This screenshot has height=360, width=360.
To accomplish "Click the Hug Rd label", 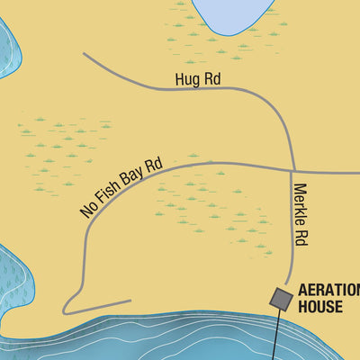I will coord(198,80).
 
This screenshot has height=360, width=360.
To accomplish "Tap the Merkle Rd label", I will coord(301,215).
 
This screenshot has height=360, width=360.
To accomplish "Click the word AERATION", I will coord(329,290).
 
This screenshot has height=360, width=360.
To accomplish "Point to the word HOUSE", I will coord(320,307).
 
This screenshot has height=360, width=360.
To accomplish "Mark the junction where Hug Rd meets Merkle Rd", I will coord(293,168).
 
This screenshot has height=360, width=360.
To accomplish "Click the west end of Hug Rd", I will coord(85,54).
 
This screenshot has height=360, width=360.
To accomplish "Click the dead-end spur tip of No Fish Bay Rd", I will coord(130,301).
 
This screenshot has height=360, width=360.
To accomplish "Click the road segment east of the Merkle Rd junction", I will coord(328,171).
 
